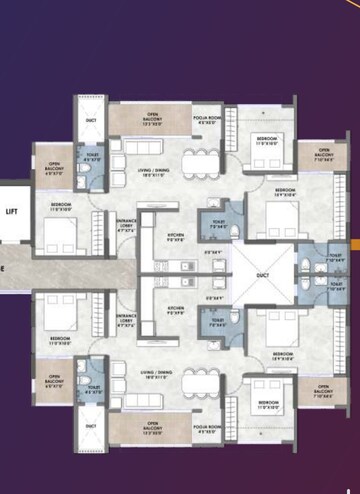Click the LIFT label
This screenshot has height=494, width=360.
pyautogui.click(x=10, y=212)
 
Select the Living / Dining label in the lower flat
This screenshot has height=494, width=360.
pyautogui.click(x=154, y=375)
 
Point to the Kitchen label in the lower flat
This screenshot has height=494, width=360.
pyautogui.click(x=175, y=308)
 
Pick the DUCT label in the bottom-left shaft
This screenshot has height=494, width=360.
pyautogui.click(x=92, y=426)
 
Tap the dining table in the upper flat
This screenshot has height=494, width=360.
pyautogui.click(x=203, y=162)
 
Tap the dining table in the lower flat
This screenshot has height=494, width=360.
pyautogui.click(x=204, y=386)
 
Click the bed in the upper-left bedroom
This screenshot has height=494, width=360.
pyautogui.click(x=59, y=236)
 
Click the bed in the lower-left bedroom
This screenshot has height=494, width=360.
pyautogui.click(x=59, y=313)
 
